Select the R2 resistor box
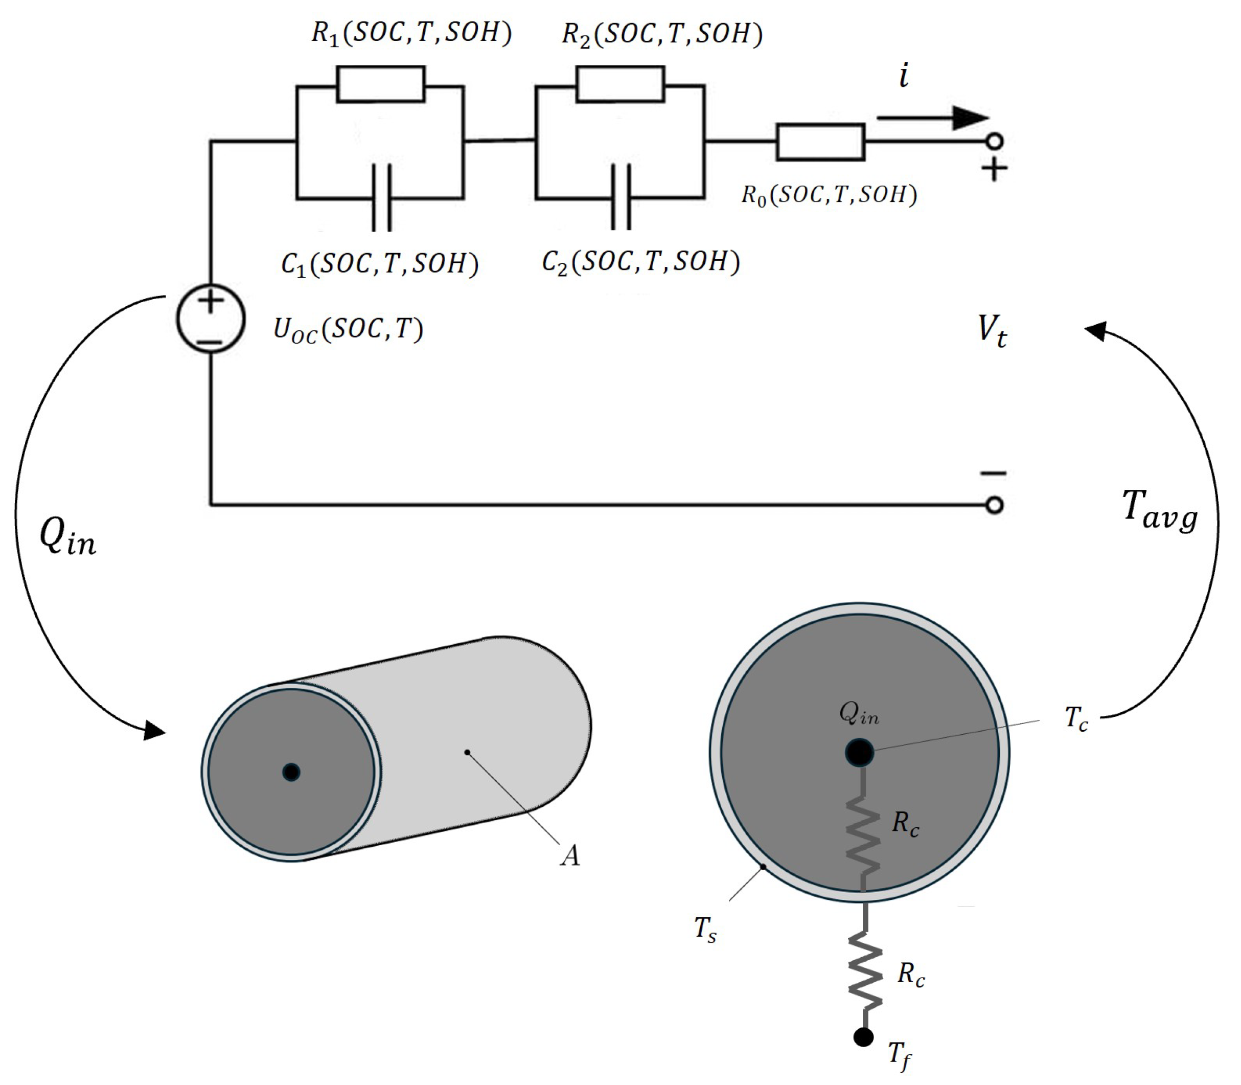pos(620,83)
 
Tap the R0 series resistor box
pos(820,142)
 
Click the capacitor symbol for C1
pos(381,198)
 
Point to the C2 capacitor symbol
pos(621,197)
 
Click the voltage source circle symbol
pos(210,319)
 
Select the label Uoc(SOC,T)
pos(348,330)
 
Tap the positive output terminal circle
pos(994,142)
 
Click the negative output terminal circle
pos(994,504)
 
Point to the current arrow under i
pos(932,118)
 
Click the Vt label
pos(992,331)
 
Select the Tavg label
pos(1159,510)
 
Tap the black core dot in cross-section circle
pos(859,753)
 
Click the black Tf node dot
pos(863,1037)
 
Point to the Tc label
pos(1076,719)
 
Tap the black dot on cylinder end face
pos(291,772)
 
